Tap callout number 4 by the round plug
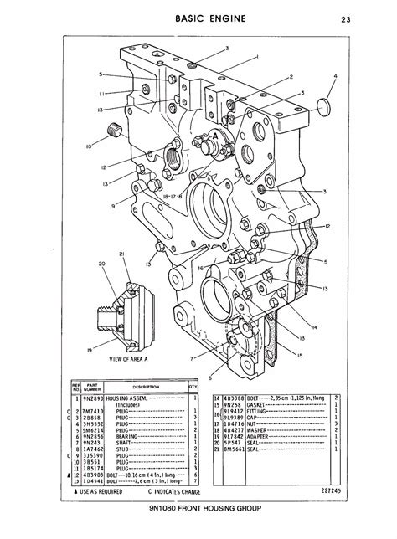pyautogui.click(x=336, y=76)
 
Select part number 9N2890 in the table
pyautogui.click(x=109, y=398)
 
